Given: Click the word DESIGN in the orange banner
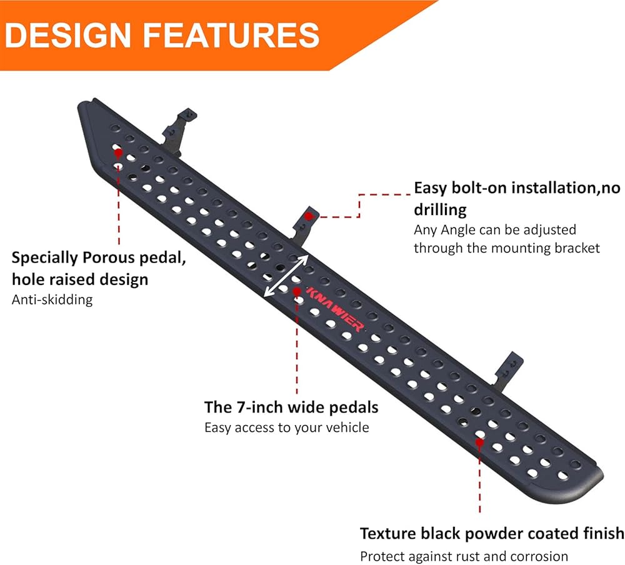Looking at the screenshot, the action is (x=67, y=35).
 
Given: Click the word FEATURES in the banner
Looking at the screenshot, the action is (x=231, y=35).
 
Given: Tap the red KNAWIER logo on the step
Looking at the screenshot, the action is (x=335, y=309).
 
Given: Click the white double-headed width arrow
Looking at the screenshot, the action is (x=286, y=276).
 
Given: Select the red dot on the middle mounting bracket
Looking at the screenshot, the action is (x=309, y=216).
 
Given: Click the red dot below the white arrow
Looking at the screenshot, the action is (x=297, y=292).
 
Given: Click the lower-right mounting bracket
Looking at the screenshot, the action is (x=508, y=371).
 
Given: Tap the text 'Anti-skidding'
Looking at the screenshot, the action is (x=52, y=299).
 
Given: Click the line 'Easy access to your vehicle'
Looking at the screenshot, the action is (x=287, y=427).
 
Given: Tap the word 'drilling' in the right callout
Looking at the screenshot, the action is (x=440, y=210).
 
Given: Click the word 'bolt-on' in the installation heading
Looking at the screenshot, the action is (x=479, y=187).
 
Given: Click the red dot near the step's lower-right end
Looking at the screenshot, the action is (x=479, y=442).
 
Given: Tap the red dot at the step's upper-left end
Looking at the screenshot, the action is (x=118, y=152).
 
